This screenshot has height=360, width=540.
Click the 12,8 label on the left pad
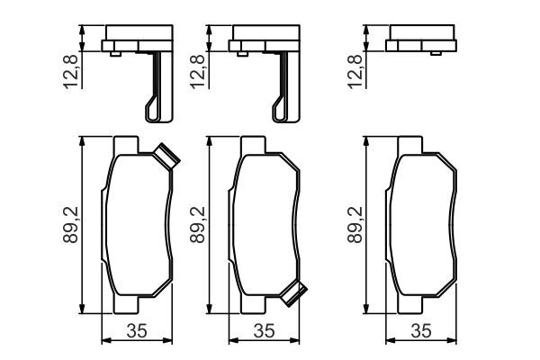[71, 71]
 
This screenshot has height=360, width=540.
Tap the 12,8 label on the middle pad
[198, 71]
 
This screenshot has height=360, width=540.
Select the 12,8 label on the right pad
[355, 71]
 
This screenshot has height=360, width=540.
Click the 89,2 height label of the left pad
[71, 225]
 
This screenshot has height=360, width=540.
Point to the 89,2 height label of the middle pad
[198, 225]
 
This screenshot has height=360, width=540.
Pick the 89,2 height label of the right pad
[355, 225]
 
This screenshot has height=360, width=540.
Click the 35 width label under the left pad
[137, 330]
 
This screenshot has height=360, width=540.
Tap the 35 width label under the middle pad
[264, 330]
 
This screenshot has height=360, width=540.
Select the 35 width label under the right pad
[421, 330]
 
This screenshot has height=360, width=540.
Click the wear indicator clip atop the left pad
[166, 157]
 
